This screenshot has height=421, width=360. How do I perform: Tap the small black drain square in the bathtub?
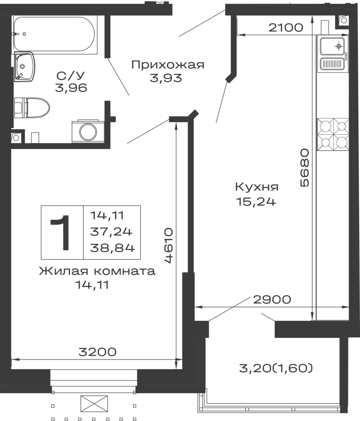click(x=23, y=34)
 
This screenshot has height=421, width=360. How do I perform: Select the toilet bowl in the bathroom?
click(x=34, y=108)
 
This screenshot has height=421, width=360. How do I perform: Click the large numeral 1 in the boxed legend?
click(x=62, y=232)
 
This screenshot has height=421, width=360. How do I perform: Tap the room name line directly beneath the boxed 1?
click(x=97, y=272)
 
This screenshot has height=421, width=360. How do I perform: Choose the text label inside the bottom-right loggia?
click(x=276, y=368)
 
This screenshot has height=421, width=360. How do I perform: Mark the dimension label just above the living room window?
click(x=97, y=351)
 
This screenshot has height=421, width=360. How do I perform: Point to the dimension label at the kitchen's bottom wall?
click(x=274, y=301)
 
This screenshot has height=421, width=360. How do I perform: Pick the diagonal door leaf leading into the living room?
click(x=162, y=127)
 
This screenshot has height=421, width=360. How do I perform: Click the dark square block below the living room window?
click(x=94, y=405)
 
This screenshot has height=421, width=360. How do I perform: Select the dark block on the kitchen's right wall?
click(x=305, y=168)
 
